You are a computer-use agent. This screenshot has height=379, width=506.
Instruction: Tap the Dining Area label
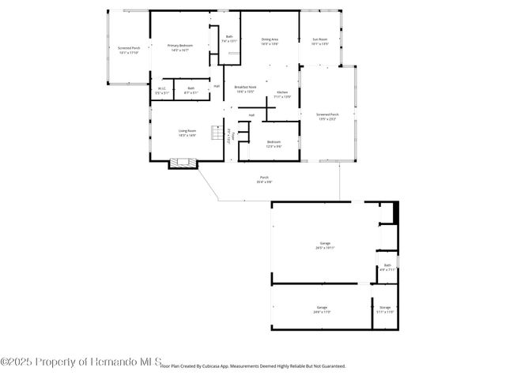click(x=270, y=42)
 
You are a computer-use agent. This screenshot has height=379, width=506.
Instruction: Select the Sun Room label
click(x=320, y=42)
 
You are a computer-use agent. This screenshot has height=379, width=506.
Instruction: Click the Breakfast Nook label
click(x=245, y=89)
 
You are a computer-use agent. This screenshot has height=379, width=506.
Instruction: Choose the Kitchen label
click(x=282, y=95)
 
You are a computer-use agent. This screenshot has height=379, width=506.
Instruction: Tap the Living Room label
click(x=187, y=133)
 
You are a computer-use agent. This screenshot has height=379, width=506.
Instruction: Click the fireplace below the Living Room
click(x=183, y=163)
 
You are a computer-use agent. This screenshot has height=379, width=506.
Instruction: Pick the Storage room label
click(x=385, y=310)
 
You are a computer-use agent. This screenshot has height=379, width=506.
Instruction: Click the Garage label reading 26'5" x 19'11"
click(x=324, y=245)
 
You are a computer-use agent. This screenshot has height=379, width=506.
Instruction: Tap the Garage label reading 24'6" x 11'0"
click(x=322, y=310)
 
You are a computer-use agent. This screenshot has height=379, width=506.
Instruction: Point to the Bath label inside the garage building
click(x=387, y=268)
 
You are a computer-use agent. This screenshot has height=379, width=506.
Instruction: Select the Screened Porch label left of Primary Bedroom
click(x=128, y=51)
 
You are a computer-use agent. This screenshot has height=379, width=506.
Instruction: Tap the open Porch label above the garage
click(x=264, y=180)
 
